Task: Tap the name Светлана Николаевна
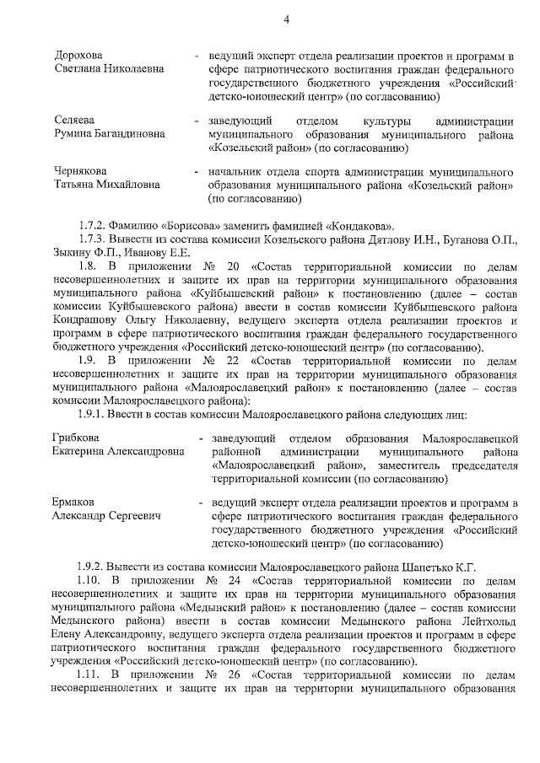110,69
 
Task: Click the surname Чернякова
81,171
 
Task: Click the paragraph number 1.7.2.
91,226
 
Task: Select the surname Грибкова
75,439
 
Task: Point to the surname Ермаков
73,502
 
